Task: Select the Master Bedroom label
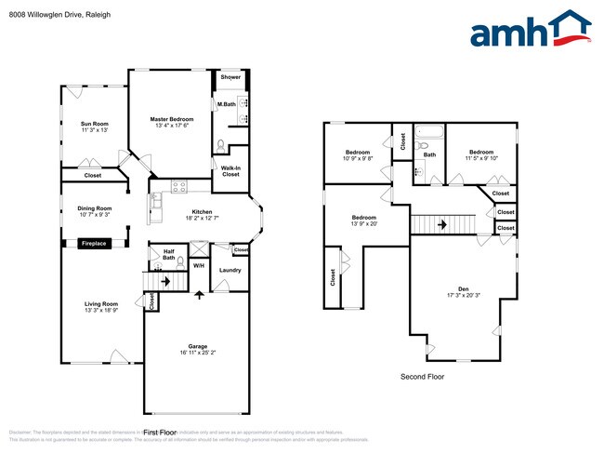[172, 119]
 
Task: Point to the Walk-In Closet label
[230, 171]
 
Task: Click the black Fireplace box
[94, 243]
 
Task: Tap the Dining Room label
[94, 208]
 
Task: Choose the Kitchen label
[202, 212]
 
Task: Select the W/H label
[198, 267]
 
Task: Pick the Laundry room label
[230, 270]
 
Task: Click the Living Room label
[102, 303]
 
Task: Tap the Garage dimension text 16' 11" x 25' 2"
[197, 353]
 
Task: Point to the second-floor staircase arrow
[443, 224]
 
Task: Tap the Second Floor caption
[422, 377]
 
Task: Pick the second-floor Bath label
[430, 154]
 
